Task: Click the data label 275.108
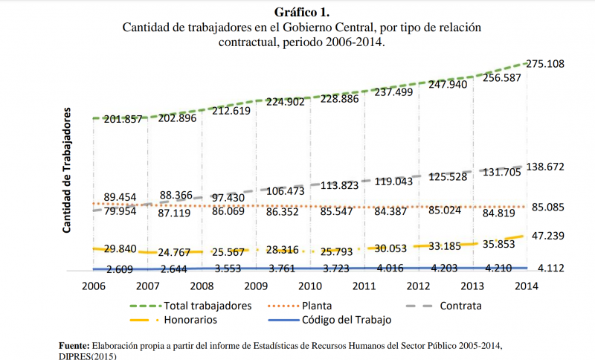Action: pos(545,64)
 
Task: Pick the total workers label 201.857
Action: pos(123,120)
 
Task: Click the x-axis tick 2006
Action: pos(93,286)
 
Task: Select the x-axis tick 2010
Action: pos(310,286)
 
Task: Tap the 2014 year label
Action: pos(527,286)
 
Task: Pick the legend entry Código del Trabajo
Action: pos(346,321)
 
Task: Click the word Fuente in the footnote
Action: pos(74,346)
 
